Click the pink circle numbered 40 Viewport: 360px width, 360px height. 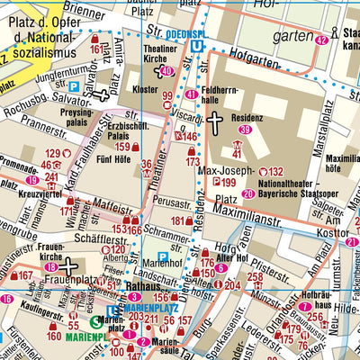(165, 71)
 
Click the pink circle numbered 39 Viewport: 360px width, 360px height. (245, 130)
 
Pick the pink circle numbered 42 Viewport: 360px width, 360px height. (321, 39)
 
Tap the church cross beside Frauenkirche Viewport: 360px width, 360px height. (66, 265)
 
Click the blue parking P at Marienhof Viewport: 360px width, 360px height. (161, 256)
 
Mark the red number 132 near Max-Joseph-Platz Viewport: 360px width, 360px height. (276, 171)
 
